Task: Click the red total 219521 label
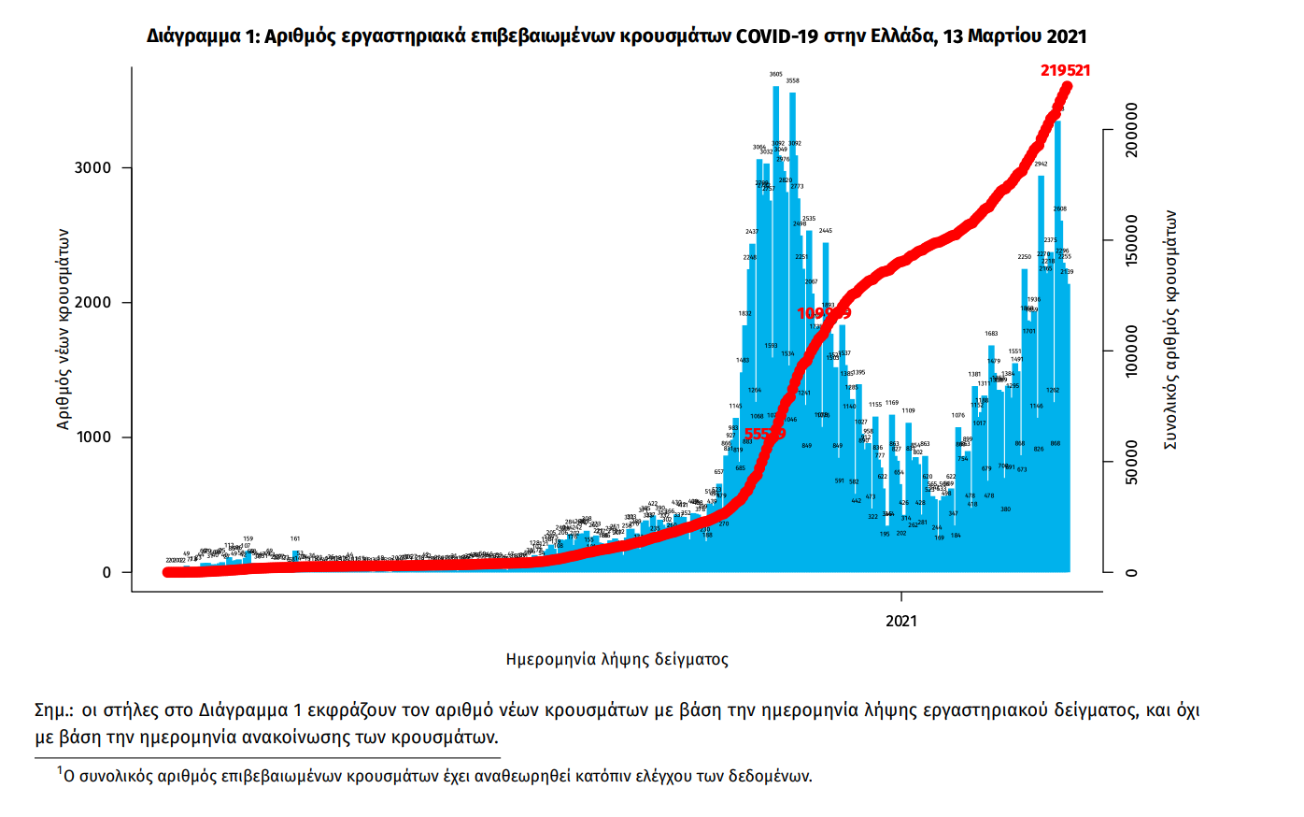[1065, 70]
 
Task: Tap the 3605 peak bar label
[776, 74]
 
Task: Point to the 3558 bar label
[792, 81]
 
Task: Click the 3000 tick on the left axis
[92, 168]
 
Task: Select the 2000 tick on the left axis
[92, 303]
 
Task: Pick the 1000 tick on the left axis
[92, 437]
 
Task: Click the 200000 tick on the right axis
[1131, 130]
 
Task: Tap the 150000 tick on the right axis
[1131, 240]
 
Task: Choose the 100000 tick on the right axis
[1131, 351]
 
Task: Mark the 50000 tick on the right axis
[1131, 462]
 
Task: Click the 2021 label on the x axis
[901, 621]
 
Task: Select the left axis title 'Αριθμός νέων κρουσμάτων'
[64, 329]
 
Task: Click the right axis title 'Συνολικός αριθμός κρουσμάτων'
[1169, 329]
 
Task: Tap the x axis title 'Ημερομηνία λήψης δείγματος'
[617, 659]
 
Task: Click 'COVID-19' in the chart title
[778, 36]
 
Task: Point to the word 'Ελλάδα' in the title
[901, 36]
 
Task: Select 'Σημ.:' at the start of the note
[54, 710]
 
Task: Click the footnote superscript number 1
[60, 770]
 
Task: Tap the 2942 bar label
[1041, 165]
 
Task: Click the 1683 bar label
[991, 334]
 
